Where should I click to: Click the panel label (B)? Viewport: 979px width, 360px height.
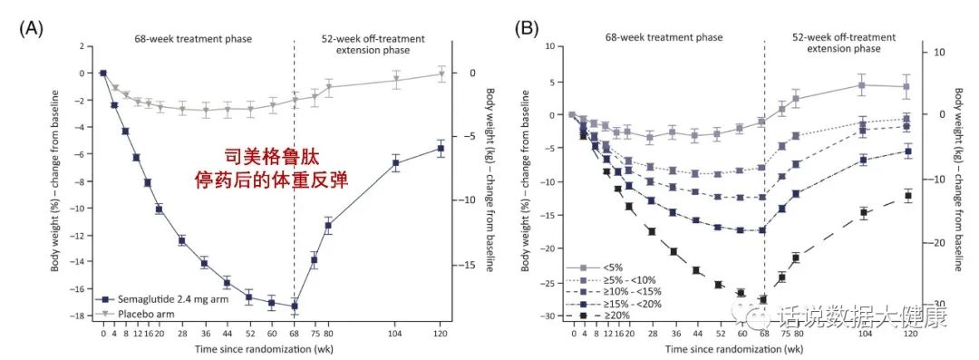527,28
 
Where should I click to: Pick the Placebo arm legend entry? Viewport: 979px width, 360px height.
141,313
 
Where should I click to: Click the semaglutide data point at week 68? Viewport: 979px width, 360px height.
294,306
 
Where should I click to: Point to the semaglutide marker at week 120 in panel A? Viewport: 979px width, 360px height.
441,149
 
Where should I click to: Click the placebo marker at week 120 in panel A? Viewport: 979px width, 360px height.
441,74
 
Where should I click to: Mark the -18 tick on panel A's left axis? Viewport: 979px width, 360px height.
92,316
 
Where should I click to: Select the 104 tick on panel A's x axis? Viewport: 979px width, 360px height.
396,334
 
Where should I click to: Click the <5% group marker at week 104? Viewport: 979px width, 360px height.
863,85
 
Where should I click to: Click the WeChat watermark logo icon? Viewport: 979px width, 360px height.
756,315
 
